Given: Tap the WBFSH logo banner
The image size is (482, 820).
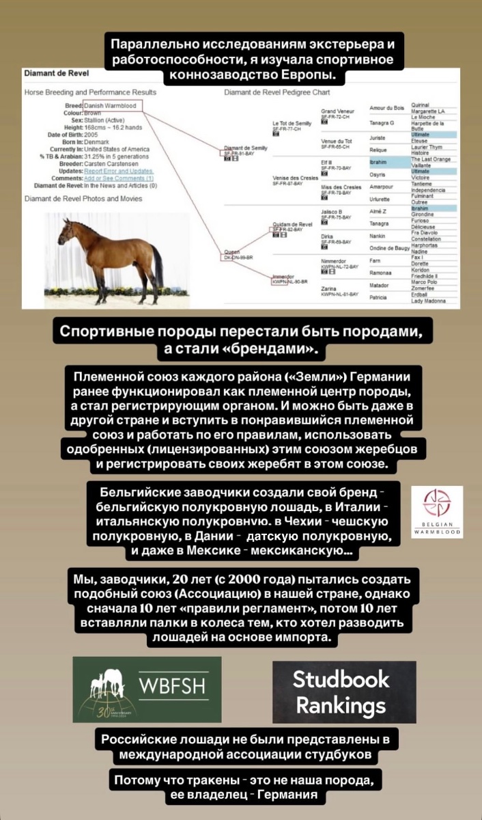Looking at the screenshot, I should pyautogui.click(x=147, y=689).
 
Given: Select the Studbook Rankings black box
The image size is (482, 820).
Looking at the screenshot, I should pyautogui.click(x=344, y=692).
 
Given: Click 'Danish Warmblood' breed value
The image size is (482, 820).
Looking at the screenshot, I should pyautogui.click(x=110, y=106).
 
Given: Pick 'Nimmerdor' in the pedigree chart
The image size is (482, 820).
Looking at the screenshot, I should pyautogui.click(x=337, y=260).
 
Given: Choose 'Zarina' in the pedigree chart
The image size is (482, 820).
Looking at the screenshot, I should pyautogui.click(x=329, y=288).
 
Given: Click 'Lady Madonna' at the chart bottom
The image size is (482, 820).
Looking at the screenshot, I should pyautogui.click(x=428, y=301).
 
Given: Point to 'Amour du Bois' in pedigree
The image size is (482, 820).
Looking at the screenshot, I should pyautogui.click(x=386, y=108).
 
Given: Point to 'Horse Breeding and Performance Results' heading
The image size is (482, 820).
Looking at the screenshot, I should pyautogui.click(x=90, y=92).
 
